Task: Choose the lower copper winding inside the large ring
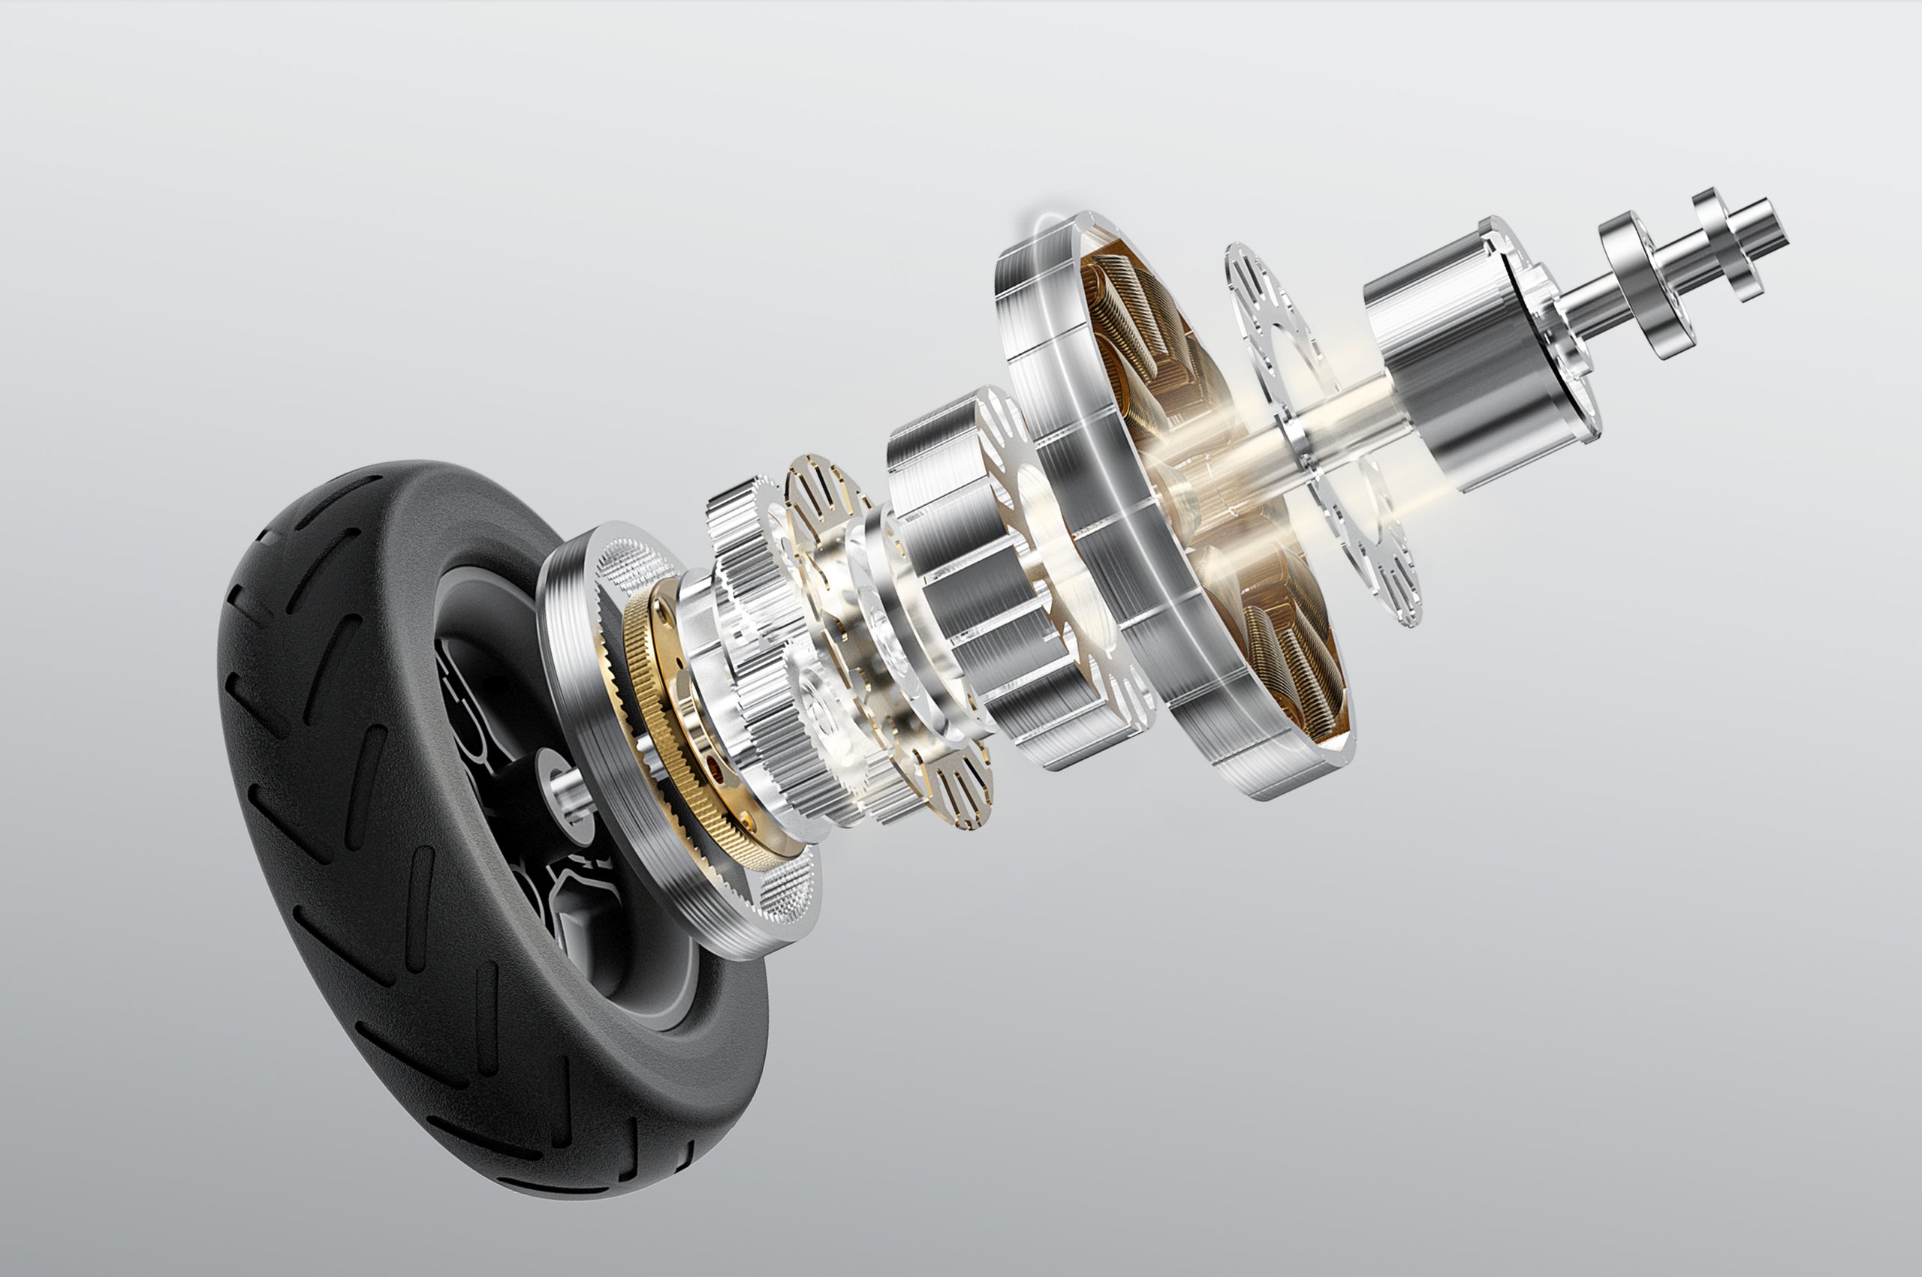pos(1295,651)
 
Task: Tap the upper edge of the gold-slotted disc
pos(823,480)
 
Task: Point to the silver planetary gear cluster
pos(758,635)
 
